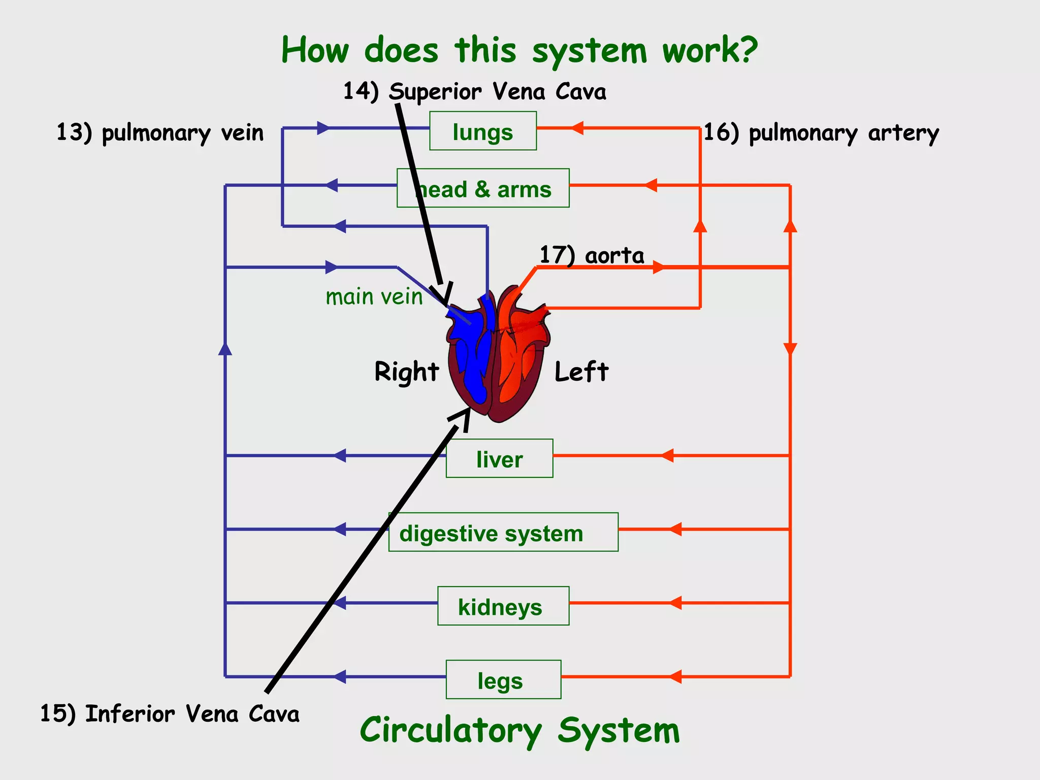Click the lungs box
482,131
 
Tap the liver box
499,459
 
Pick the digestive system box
503,532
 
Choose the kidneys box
503,606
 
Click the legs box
503,679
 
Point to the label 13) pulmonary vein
160,133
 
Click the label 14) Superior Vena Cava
474,92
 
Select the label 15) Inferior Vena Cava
170,714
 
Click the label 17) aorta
592,255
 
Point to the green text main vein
374,297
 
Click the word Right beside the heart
406,371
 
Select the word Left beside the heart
581,371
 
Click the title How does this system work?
519,51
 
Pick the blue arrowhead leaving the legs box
340,676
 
